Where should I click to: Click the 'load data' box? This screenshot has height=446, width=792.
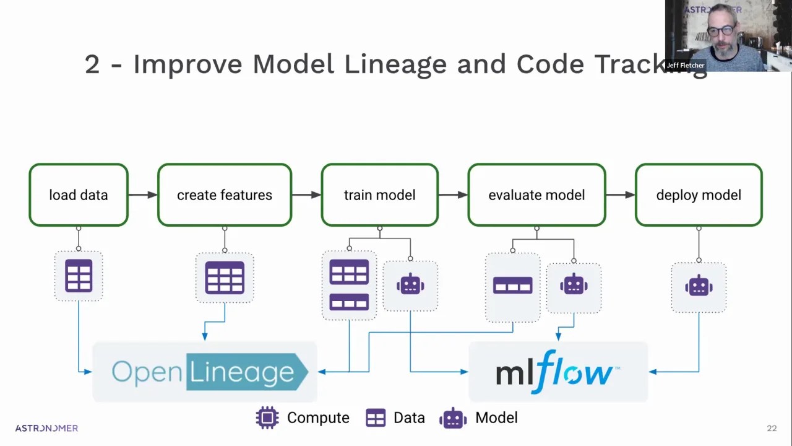[79, 195]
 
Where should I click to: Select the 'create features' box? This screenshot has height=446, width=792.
[225, 195]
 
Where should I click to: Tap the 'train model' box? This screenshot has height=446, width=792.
[379, 195]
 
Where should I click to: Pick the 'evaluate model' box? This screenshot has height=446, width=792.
[536, 195]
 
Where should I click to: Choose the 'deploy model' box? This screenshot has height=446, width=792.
[699, 195]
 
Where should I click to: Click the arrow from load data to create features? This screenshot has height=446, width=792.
[143, 195]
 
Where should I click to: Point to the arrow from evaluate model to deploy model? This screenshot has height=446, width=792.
[621, 195]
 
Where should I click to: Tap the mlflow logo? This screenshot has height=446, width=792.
[557, 372]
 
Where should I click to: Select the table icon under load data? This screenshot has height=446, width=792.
[79, 276]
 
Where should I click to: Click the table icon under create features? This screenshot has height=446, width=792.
[225, 277]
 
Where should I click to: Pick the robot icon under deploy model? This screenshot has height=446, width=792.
[699, 286]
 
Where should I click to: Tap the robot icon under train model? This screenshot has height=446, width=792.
[410, 285]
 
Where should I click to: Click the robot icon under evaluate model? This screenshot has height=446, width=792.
[574, 285]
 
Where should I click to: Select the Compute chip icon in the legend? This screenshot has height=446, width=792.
[267, 418]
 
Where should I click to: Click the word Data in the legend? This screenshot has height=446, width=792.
[409, 418]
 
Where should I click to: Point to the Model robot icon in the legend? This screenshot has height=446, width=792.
[453, 418]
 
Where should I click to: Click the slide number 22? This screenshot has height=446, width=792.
[772, 428]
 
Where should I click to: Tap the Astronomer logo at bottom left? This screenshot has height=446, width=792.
[46, 428]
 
